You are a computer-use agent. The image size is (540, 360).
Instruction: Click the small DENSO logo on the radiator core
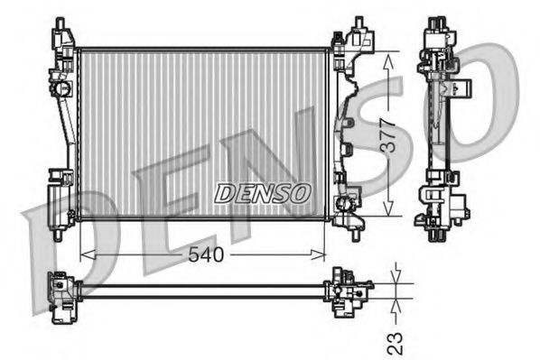coord(262,193)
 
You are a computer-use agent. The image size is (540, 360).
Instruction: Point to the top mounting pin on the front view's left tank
coord(61,23)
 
